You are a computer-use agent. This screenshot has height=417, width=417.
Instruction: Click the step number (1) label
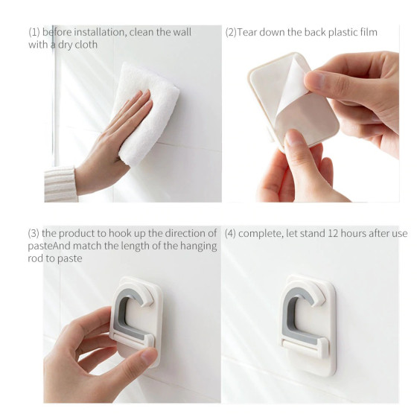(x=34, y=32)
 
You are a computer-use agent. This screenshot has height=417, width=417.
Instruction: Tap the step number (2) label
(x=231, y=32)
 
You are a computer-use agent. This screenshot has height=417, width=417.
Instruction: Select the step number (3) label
(x=34, y=233)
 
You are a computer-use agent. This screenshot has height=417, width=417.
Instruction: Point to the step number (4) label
(x=230, y=234)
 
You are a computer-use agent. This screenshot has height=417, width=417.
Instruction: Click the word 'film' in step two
(x=369, y=32)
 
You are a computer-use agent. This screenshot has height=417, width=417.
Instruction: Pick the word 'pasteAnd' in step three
(x=49, y=246)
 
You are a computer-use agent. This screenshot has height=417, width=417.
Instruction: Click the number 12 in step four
(x=333, y=234)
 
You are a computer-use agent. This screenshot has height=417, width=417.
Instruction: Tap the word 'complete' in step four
(x=260, y=234)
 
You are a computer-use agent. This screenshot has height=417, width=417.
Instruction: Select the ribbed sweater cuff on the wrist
(x=60, y=184)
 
